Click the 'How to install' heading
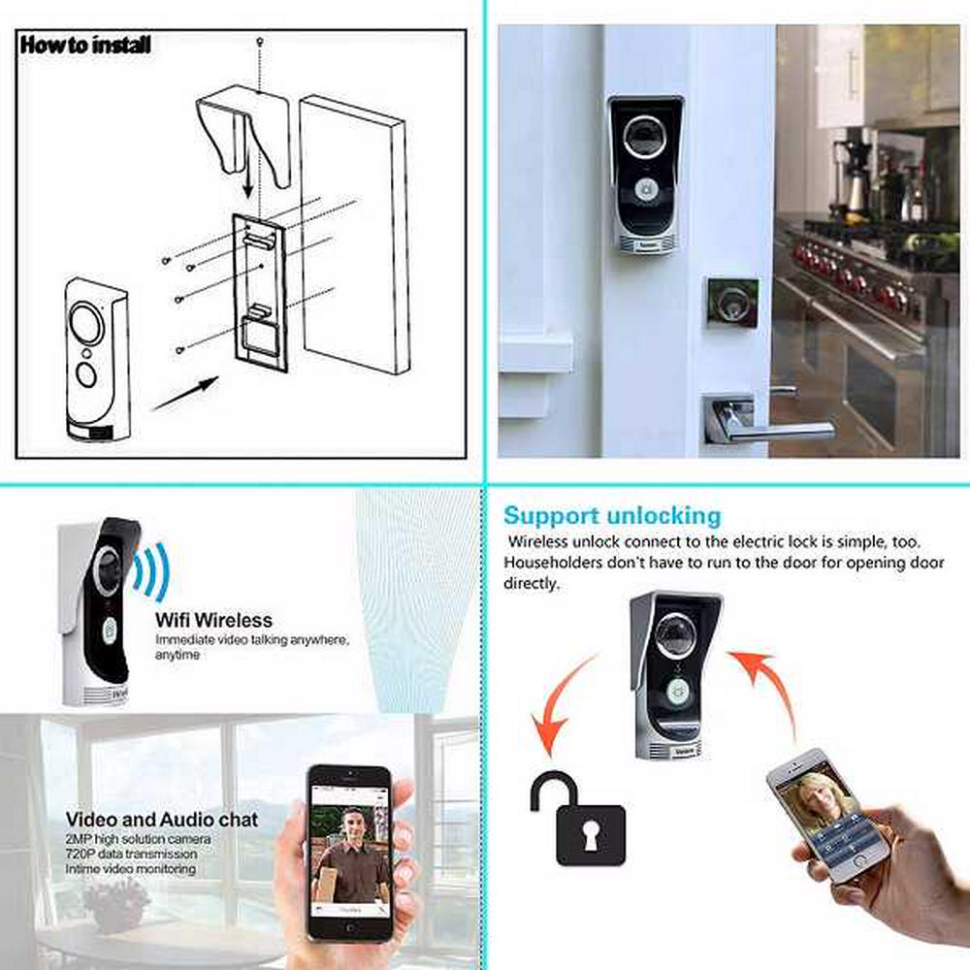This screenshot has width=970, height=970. tap(85, 45)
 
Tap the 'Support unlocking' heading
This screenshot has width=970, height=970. tap(612, 516)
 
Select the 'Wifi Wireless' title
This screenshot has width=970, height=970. tap(213, 620)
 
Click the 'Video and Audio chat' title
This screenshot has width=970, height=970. tap(162, 820)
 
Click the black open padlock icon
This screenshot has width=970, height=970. tap(578, 819)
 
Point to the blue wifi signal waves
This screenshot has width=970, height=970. tap(150, 570)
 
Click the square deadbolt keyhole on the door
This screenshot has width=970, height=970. tap(732, 303)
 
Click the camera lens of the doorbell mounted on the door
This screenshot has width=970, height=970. tap(644, 138)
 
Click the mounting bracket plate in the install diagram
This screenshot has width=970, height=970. tap(260, 292)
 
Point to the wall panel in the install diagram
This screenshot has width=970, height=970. tap(354, 234)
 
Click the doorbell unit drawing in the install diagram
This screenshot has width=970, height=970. tap(97, 360)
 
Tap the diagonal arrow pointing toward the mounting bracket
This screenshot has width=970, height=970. tap(185, 393)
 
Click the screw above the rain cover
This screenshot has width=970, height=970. tap(260, 41)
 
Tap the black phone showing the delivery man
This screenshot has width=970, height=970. tap(350, 854)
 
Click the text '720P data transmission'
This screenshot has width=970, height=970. tap(131, 854)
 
